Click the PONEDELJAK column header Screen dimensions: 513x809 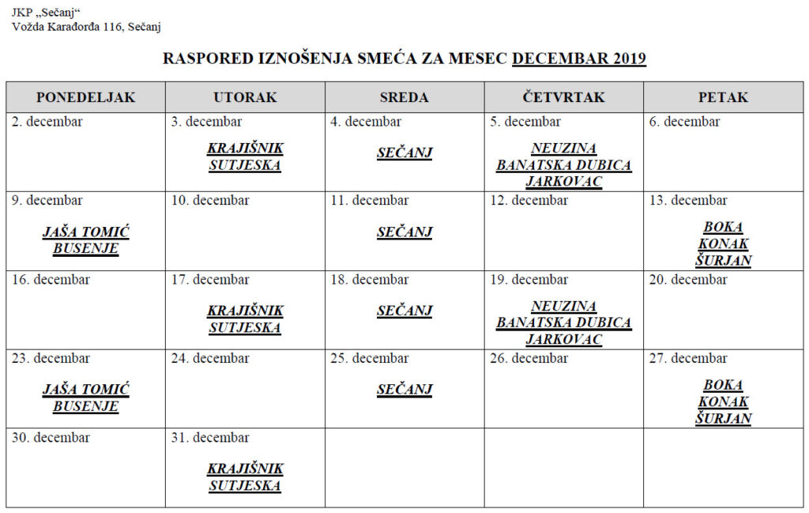coord(86,97)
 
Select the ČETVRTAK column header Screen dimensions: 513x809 coord(563,97)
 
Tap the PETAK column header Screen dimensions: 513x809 coord(723,97)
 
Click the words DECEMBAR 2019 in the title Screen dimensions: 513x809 coord(579,58)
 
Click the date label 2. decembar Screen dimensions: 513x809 coord(47,122)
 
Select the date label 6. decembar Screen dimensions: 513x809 coord(684,122)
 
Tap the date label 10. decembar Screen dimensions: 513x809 coord(210,201)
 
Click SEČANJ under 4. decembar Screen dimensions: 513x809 coord(404,153)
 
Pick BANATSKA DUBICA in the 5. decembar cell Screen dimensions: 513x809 coord(563,165)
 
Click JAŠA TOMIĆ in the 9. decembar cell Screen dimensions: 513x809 coord(85,232)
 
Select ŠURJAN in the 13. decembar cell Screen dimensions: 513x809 coord(723,261)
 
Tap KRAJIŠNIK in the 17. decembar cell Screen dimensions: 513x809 coord(245,311)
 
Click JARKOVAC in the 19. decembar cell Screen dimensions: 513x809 coord(563,340)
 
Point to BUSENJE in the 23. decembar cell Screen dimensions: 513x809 coord(85,406)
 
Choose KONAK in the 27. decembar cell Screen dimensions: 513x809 coord(723,402)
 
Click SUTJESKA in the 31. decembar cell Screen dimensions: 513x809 coord(245,485)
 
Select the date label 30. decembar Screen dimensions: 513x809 coord(51,438)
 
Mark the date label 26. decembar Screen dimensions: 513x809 coord(529,359)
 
